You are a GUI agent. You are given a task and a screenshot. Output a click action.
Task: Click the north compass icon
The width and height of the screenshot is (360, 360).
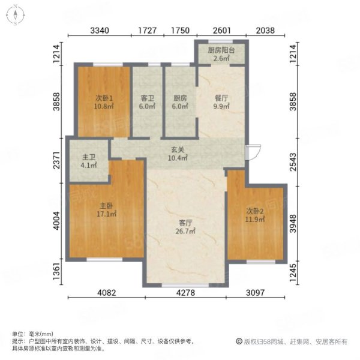coord(13,14)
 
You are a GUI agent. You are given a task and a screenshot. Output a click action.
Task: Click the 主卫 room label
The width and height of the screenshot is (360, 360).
coord(88,158)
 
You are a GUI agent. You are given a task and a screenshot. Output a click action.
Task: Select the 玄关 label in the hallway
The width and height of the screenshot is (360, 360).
coord(176,149)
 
